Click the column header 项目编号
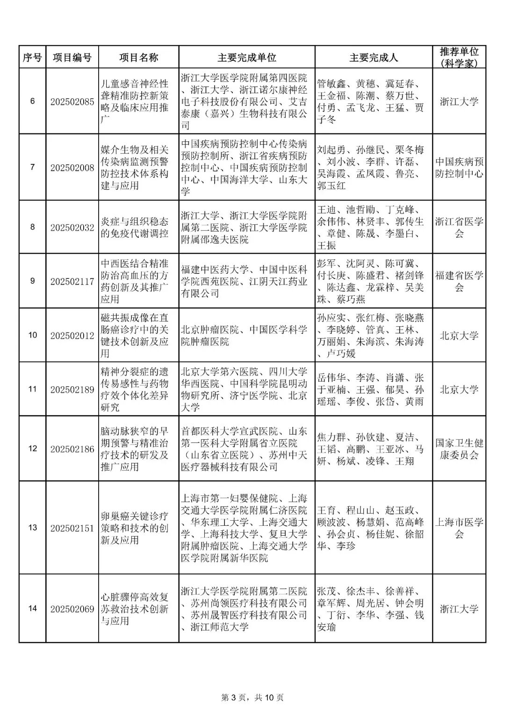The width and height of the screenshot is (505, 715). (x=72, y=58)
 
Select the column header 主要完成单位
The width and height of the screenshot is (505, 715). (x=246, y=58)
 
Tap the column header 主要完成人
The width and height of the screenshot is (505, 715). (x=373, y=58)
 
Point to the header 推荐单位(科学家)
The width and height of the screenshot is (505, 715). (x=459, y=58)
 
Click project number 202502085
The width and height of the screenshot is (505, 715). (x=72, y=102)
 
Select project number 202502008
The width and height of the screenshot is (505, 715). (x=72, y=168)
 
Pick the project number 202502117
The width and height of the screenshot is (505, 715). (x=72, y=281)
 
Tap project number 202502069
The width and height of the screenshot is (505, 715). (x=72, y=609)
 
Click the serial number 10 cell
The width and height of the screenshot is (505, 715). (x=32, y=335)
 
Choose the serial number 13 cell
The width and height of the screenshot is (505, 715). (x=32, y=528)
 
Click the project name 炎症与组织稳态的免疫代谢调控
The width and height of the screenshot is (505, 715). (x=134, y=228)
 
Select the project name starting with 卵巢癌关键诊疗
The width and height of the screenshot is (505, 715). (x=134, y=528)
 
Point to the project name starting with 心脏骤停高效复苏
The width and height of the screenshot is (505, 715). (x=134, y=609)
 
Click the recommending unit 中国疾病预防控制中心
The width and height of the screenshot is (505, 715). (x=459, y=168)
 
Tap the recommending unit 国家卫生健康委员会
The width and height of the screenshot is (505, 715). (x=459, y=449)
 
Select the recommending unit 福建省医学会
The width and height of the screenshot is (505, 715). (x=459, y=281)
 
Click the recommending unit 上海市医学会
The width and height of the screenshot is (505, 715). (x=459, y=528)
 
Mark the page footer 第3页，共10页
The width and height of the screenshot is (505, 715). (x=252, y=697)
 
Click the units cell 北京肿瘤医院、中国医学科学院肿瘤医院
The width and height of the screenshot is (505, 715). (x=244, y=336)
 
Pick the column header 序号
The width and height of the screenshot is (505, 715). (x=32, y=58)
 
